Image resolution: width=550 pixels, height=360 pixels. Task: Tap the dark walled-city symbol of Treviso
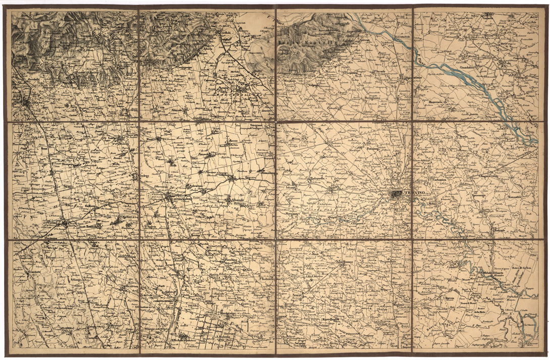tap(397, 193)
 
